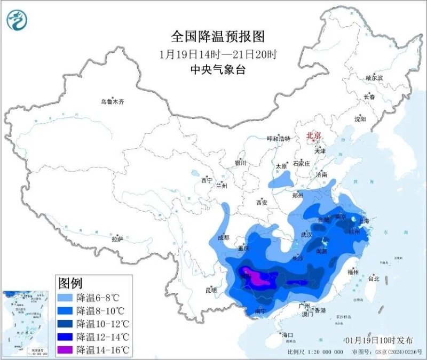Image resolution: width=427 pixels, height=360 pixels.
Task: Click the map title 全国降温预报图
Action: tap(218, 37)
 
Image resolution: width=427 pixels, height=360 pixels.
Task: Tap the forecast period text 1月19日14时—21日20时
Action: tap(218, 54)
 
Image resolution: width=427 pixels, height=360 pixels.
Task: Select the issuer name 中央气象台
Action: tap(218, 69)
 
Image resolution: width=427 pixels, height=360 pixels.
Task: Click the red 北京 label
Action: tap(313, 136)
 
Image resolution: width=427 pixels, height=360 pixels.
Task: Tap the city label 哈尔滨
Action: tap(374, 78)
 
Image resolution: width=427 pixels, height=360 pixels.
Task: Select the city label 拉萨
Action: tap(117, 239)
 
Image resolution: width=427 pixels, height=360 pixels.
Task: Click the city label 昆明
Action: tap(211, 291)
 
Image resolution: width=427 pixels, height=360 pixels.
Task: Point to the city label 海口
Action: tap(288, 335)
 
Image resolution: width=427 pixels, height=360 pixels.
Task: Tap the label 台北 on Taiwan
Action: tap(373, 278)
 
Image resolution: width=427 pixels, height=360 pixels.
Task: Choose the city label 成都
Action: tap(224, 237)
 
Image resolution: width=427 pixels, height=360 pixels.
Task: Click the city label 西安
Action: tap(261, 202)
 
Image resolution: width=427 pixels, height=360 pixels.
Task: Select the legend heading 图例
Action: tap(70, 282)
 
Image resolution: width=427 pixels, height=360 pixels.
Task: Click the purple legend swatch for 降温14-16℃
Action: tap(66, 350)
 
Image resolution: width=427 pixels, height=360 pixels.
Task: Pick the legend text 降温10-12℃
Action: tap(102, 323)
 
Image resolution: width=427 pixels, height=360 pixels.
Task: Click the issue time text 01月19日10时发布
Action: tap(375, 340)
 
